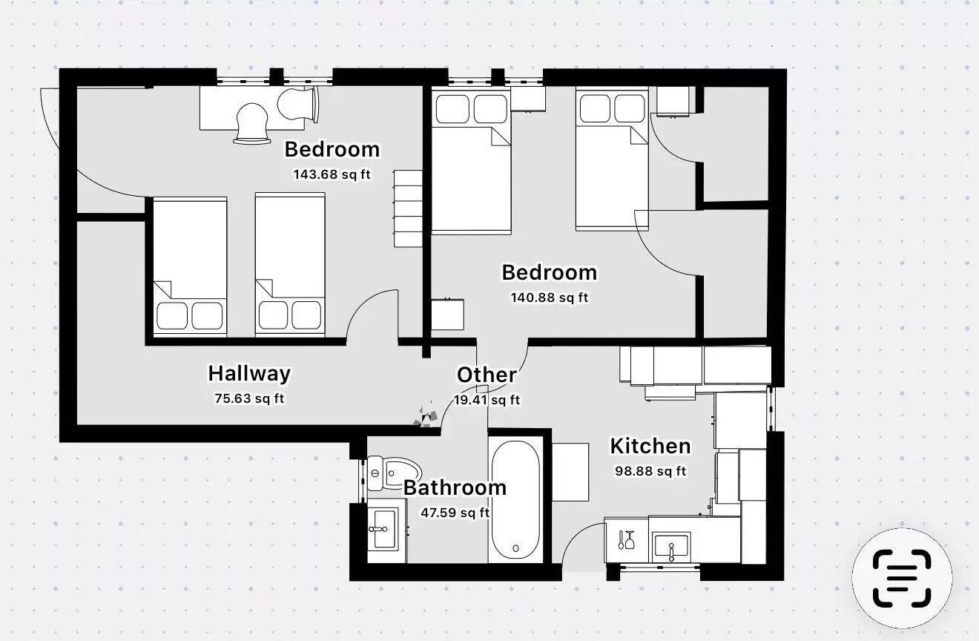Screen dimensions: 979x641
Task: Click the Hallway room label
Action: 249,374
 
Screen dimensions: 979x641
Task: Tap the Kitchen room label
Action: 650,447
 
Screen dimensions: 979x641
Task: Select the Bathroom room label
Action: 455,488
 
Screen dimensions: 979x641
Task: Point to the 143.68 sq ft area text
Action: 332,174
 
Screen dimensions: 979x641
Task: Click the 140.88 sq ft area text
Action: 550,298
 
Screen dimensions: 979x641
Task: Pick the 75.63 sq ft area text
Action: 249,398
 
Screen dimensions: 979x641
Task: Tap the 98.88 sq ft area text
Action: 650,471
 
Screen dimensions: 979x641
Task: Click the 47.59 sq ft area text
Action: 455,513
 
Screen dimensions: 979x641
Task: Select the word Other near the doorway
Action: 487,375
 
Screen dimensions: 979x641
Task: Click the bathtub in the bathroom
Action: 515,499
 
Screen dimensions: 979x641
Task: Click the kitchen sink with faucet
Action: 671,547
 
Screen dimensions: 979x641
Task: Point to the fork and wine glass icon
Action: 626,540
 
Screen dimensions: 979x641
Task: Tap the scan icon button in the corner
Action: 902,578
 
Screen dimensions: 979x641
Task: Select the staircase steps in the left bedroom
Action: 408,208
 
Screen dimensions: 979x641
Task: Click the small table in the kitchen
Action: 570,473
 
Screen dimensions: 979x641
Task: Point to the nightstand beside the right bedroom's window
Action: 528,99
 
